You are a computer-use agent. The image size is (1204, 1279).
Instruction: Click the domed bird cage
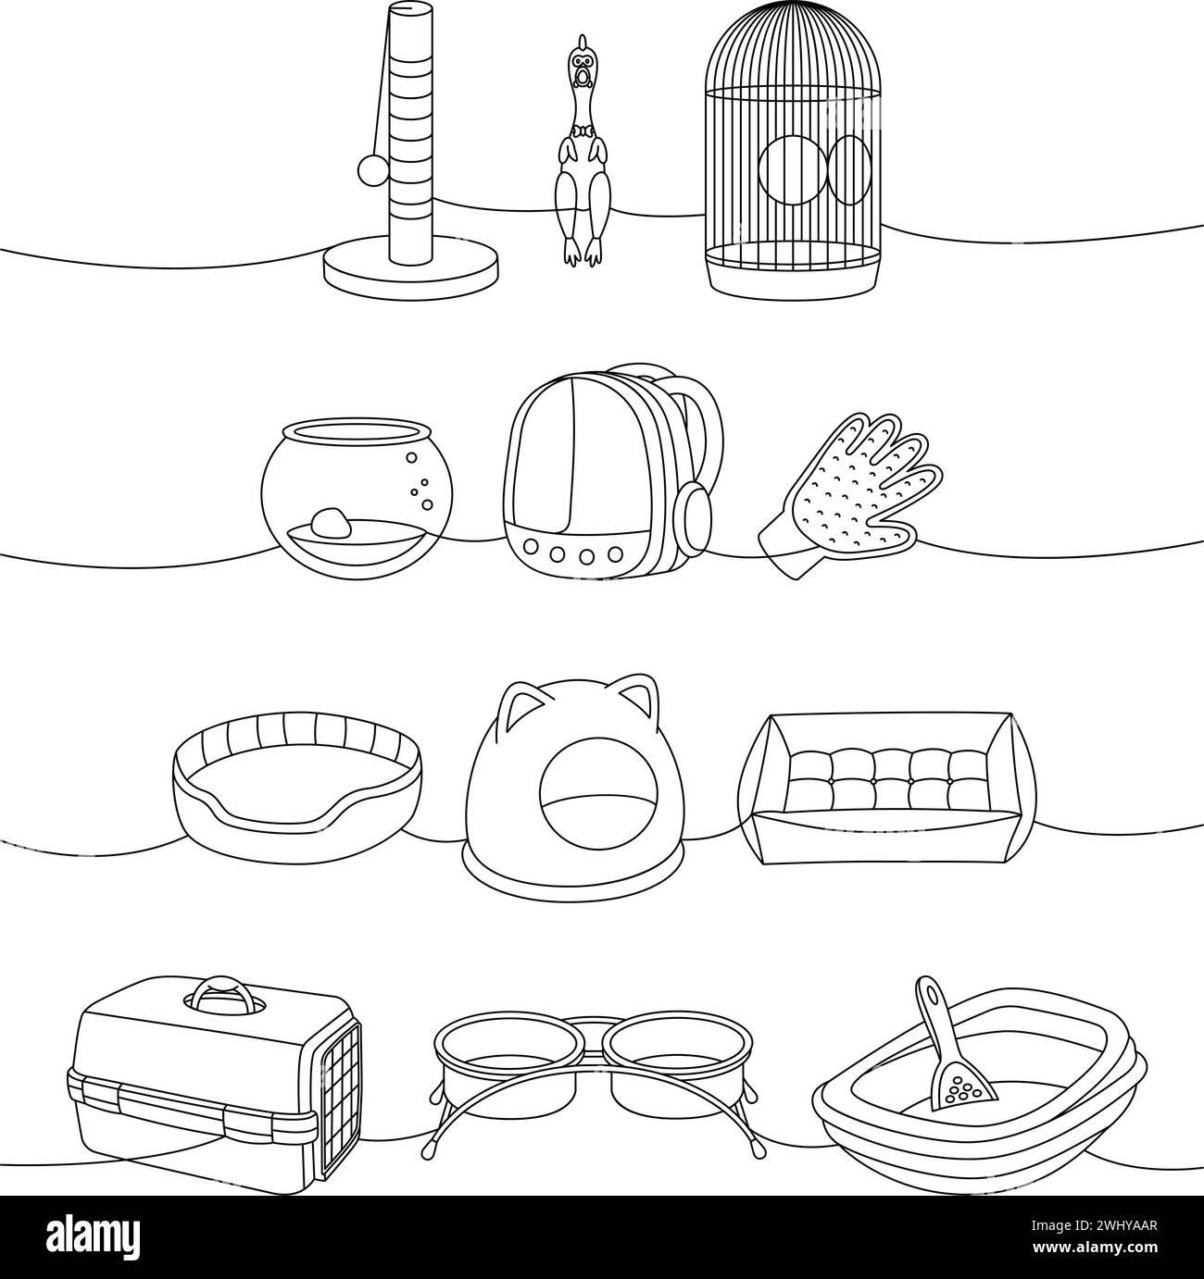(x=794, y=153)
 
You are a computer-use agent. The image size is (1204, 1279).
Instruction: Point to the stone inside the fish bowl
(x=331, y=525)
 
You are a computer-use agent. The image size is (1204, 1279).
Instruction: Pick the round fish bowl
(x=353, y=500)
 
